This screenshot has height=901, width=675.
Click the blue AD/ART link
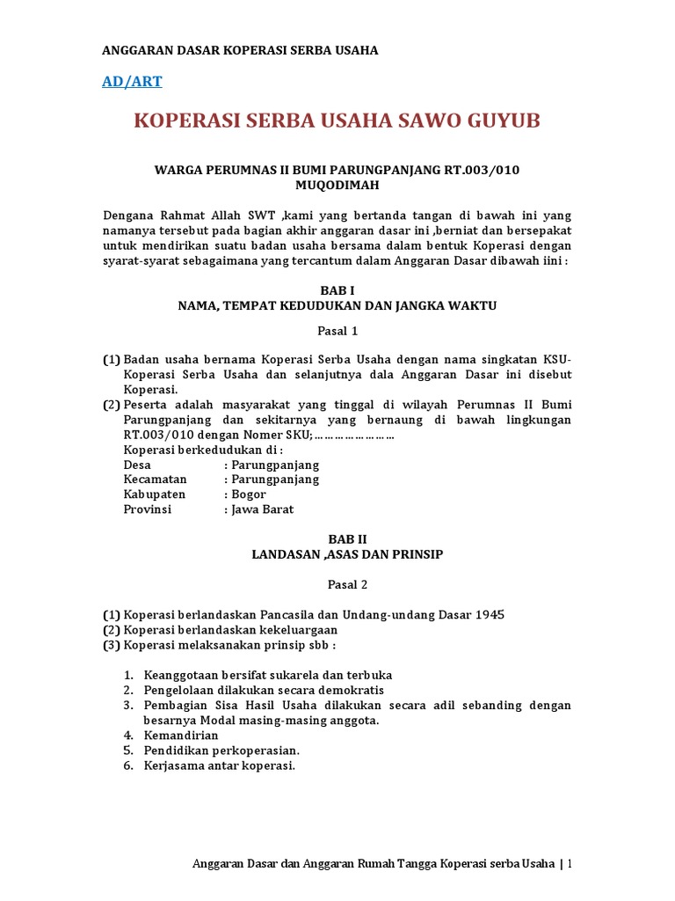click(x=132, y=82)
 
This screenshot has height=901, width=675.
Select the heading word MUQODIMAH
click(x=337, y=185)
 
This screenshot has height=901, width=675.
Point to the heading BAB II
click(x=337, y=538)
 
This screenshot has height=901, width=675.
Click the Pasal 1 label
click(x=337, y=332)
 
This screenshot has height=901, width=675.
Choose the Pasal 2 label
click(x=337, y=583)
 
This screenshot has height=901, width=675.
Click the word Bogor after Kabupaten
click(x=249, y=494)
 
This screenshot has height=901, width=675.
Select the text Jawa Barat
click(x=263, y=509)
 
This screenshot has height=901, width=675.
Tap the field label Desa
click(x=137, y=465)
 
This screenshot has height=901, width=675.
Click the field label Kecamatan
click(x=154, y=480)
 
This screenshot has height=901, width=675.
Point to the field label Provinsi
click(x=148, y=509)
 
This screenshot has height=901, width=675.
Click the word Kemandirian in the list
click(x=183, y=735)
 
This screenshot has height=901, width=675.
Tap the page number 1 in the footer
click(x=570, y=863)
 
